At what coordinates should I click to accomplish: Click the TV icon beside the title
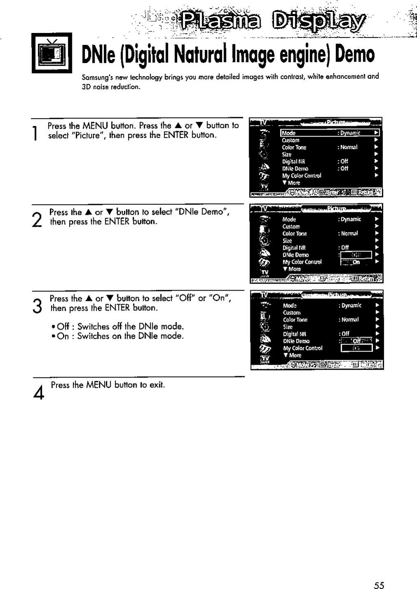point(52,53)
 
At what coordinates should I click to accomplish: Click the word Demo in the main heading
point(355,54)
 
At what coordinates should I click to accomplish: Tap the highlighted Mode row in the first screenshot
point(329,133)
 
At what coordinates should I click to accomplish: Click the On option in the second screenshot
point(356,262)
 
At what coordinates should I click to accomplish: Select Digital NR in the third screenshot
point(295,334)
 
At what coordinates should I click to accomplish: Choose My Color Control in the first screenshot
point(301,176)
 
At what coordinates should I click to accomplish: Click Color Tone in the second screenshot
point(294,233)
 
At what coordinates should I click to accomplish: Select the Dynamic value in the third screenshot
point(351,305)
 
